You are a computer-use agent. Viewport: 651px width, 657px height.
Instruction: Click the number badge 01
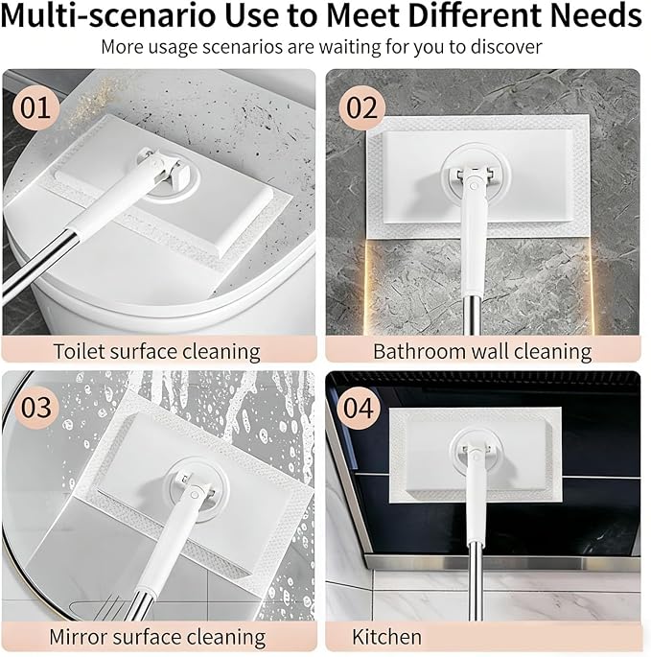[35, 108]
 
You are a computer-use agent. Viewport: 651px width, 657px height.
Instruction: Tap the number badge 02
[361, 108]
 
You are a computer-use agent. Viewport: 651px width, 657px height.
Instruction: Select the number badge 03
[36, 407]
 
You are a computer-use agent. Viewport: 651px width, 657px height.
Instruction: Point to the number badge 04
[359, 409]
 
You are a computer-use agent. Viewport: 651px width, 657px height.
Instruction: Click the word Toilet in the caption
[80, 351]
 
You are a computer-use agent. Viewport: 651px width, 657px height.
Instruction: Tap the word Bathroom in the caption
[419, 351]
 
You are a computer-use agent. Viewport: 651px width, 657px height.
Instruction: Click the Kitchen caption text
[386, 637]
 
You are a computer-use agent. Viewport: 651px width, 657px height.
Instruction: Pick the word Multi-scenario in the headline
[108, 15]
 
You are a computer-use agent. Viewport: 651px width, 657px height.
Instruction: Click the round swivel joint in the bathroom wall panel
[475, 176]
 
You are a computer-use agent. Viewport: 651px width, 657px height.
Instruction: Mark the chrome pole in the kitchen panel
[476, 581]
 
